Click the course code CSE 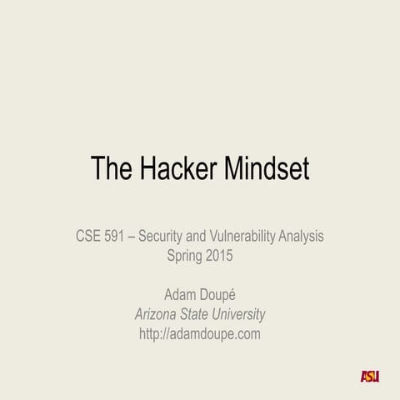click(x=89, y=237)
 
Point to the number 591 click(x=120, y=237)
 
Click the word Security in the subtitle click(x=163, y=237)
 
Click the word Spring click(x=184, y=256)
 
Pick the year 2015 click(x=219, y=256)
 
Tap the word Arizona click(x=159, y=314)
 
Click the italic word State click(x=202, y=314)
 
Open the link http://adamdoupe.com click(x=200, y=334)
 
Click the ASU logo click(x=369, y=376)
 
